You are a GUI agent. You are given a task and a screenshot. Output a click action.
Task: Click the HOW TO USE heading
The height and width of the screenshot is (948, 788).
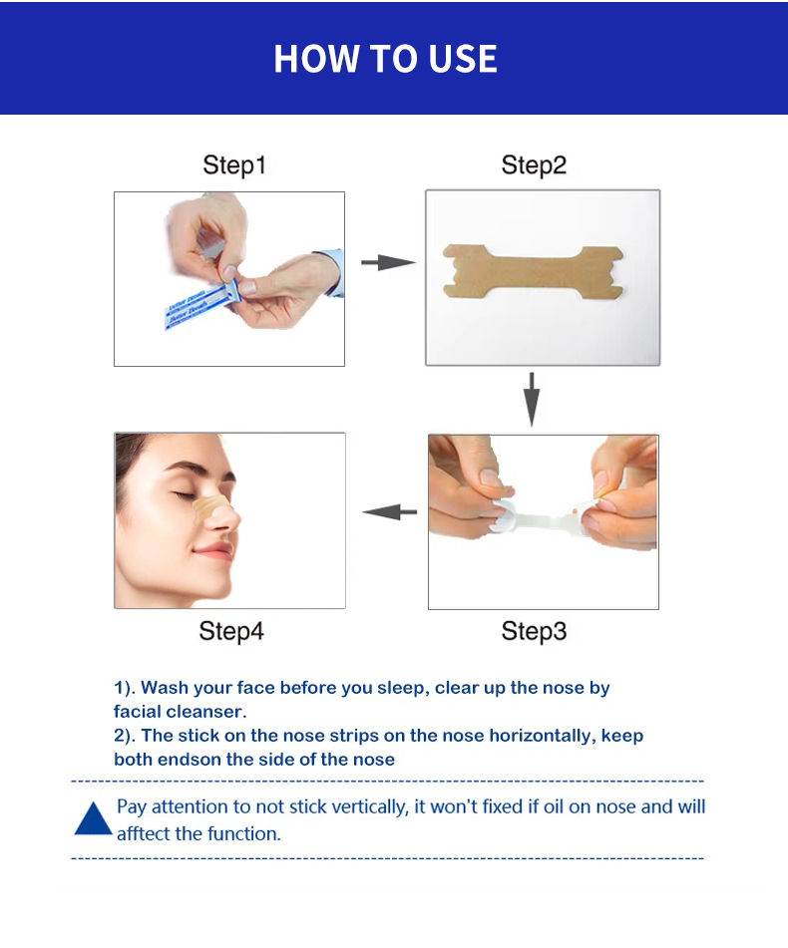coord(385,59)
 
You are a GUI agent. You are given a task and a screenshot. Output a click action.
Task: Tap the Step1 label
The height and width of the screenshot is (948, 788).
coord(234,164)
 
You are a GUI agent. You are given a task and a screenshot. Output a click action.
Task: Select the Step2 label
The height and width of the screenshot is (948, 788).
coord(534,164)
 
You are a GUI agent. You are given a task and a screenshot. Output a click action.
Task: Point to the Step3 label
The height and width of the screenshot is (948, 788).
coord(534,631)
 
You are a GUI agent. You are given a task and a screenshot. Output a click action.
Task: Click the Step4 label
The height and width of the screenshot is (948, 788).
coord(231,631)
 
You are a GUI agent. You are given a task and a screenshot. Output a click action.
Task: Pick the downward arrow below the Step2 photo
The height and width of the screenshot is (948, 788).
coord(533,399)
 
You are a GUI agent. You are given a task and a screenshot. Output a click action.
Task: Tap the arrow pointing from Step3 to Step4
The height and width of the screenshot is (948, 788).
coord(389,512)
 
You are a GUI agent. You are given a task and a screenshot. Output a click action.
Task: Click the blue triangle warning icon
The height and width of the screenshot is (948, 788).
coord(93,818)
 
